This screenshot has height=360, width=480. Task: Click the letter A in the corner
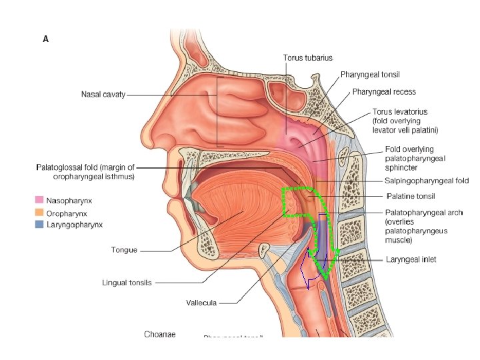pos(45,39)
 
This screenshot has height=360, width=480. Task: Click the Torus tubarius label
pos(308,58)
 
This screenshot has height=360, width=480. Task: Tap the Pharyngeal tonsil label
pos(370,74)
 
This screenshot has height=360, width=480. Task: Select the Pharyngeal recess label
pos(383,91)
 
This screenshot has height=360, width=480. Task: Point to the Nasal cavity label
pos(103,95)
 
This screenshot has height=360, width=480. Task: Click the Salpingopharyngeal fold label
pos(427,181)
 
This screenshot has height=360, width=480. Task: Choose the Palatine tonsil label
pos(411,197)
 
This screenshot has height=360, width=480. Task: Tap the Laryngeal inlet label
pos(411,259)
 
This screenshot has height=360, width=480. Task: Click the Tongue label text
pos(124,250)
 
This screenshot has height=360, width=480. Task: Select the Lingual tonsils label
pos(127,283)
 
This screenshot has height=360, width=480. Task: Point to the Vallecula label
pos(201,303)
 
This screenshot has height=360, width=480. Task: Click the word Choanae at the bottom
pos(160,334)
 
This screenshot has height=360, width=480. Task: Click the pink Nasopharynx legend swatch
pos(39,199)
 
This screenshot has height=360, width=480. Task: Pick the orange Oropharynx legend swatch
pos(39,213)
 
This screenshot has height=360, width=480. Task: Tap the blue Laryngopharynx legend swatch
pos(39,225)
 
